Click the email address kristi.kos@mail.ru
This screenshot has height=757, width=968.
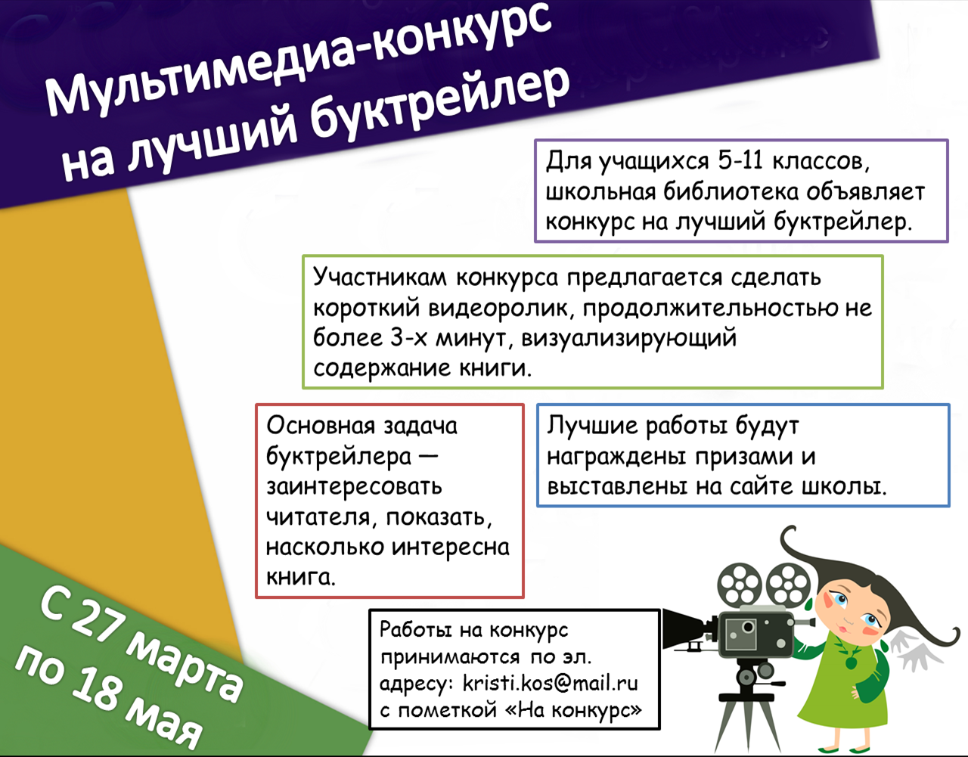tap(551, 683)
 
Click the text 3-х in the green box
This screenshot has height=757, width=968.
tap(408, 337)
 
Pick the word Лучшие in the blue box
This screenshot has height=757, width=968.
tap(592, 425)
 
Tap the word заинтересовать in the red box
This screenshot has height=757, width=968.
tap(354, 486)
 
